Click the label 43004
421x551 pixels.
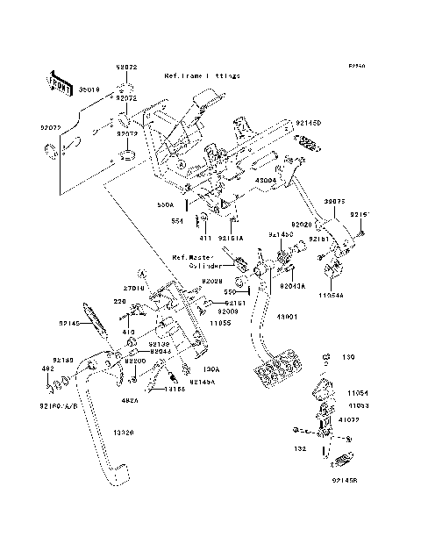tap(266, 179)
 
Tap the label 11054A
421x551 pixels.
tap(331, 297)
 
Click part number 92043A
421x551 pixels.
tap(293, 286)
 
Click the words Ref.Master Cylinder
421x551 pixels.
tap(199, 261)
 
